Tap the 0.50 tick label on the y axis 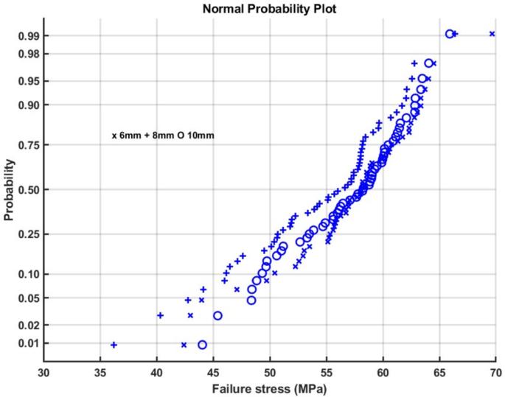(28, 189)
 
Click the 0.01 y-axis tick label (28, 343)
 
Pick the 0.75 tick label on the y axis (28, 146)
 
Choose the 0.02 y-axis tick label (28, 325)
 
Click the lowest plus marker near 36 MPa (114, 345)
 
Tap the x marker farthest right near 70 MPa (492, 34)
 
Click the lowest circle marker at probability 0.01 (202, 345)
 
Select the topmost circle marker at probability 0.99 (450, 34)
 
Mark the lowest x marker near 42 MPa (184, 345)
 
